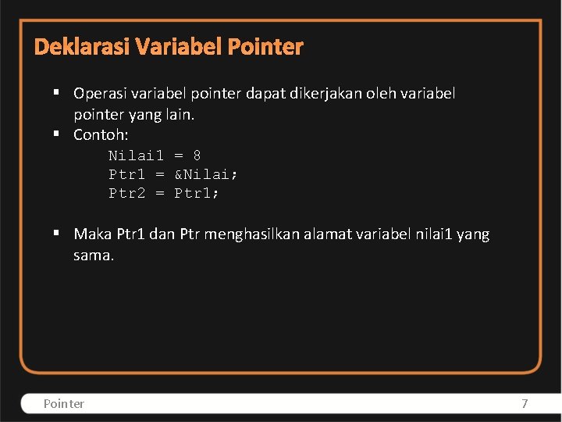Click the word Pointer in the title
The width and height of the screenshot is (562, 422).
coord(265,47)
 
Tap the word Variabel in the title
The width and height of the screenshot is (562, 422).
coord(179,47)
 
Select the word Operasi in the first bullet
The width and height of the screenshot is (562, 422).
coord(101,94)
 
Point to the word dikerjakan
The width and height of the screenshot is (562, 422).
coord(337,94)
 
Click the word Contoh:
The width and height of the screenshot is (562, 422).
coord(101,134)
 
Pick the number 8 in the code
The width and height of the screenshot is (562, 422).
coord(197,156)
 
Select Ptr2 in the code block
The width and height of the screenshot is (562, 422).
coord(126,192)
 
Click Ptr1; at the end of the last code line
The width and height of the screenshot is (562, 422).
coord(197,192)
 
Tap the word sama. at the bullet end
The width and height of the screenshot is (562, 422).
coord(94,255)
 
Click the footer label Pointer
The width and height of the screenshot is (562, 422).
coord(64,403)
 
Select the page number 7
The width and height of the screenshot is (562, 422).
coord(525,403)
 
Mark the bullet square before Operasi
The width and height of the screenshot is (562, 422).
coord(58,93)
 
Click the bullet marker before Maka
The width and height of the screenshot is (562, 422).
coord(58,233)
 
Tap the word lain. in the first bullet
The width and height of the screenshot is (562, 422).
coord(179,114)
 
